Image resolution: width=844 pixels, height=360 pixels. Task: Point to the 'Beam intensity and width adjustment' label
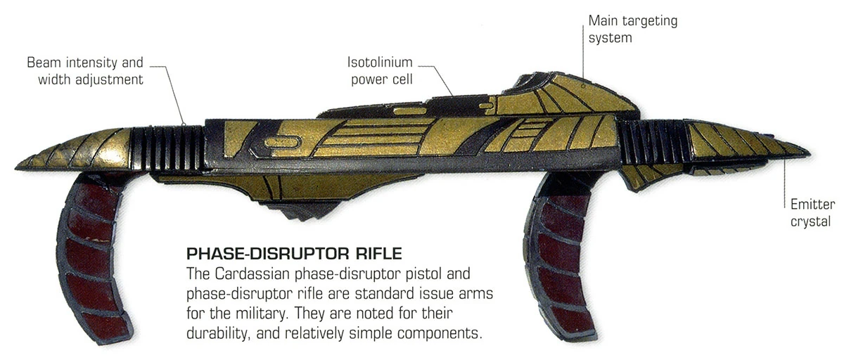point(85,71)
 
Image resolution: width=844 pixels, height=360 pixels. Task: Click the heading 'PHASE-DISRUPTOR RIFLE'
point(293,252)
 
